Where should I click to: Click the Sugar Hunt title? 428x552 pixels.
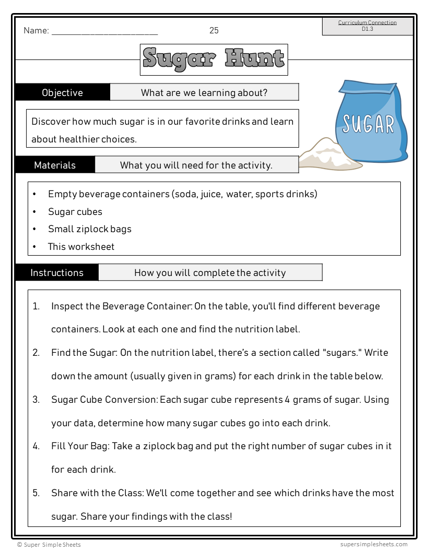213,59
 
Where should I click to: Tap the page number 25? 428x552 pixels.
214,30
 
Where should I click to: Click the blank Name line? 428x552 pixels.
104,32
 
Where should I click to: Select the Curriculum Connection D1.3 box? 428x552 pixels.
367,26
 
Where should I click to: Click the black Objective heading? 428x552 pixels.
62,92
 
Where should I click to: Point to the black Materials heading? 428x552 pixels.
55,165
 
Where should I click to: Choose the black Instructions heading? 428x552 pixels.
56,272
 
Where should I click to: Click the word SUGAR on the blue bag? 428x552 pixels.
368,124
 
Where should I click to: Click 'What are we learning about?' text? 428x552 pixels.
204,92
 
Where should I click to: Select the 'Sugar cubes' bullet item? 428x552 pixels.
75,211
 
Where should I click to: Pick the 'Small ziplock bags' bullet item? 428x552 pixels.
90,229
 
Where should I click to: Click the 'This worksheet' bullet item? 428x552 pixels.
81,246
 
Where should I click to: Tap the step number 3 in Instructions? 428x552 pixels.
36,400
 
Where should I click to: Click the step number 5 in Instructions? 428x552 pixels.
36,493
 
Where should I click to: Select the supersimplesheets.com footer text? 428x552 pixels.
371,544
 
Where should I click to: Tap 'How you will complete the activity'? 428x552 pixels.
210,272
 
